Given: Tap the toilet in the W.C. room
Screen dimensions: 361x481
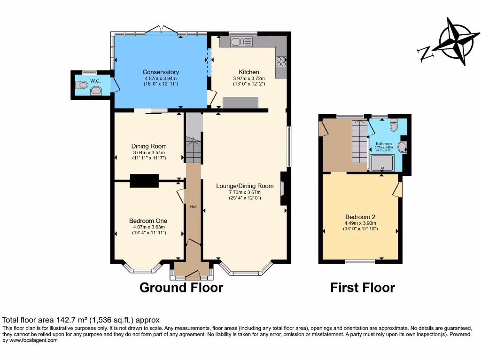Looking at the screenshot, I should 82,85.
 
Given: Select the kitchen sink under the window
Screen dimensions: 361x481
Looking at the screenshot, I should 239,42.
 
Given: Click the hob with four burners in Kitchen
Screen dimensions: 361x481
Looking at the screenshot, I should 281,62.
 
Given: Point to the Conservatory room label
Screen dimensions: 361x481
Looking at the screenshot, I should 161,72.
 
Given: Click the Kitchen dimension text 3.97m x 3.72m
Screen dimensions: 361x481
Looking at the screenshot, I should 246,78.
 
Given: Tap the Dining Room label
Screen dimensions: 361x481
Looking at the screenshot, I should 149,146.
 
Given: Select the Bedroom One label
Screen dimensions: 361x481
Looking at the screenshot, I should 148,220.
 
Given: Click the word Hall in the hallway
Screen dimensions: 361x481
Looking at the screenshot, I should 193,207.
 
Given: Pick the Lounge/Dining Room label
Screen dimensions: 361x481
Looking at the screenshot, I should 245,186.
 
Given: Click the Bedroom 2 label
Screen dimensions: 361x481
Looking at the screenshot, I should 360,217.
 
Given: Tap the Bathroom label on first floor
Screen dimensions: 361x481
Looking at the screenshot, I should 383,143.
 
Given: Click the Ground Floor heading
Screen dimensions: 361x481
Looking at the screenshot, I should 181,287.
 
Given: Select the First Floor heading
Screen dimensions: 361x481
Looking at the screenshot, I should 362,287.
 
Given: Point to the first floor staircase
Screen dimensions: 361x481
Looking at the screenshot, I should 359,141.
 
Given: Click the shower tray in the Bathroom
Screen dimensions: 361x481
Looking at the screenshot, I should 381,163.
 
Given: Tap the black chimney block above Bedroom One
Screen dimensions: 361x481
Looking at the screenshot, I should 144,180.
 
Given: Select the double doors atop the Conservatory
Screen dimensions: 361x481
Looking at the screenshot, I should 162,31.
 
